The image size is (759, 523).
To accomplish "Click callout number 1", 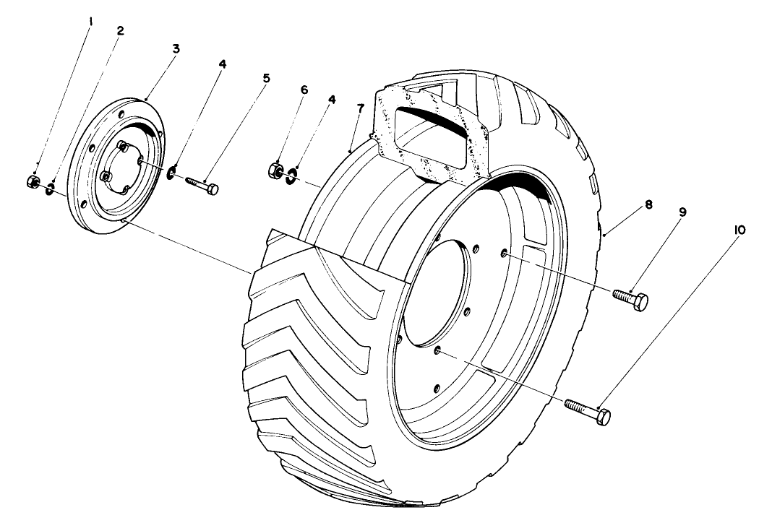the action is [90, 22].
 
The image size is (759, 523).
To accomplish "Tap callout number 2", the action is [120, 30].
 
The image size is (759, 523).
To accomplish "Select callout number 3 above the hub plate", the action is [176, 48].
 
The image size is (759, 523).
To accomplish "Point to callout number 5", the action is [267, 78].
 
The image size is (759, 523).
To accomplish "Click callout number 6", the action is [304, 90].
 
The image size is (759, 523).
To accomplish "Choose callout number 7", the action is [360, 108].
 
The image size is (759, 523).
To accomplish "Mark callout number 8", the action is [648, 204].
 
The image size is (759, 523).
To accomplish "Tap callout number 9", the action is [682, 212].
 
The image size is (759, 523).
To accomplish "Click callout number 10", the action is [739, 230].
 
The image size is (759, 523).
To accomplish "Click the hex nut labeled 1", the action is [33, 182].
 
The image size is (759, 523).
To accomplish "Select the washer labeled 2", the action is [49, 189].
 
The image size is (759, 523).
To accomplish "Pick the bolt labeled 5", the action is [201, 185].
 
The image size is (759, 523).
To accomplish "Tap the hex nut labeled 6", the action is [275, 170].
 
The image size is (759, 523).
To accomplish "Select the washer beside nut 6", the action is [291, 176].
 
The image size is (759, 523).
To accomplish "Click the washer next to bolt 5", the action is [171, 172].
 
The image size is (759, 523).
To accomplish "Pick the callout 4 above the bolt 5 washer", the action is [222, 64].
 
